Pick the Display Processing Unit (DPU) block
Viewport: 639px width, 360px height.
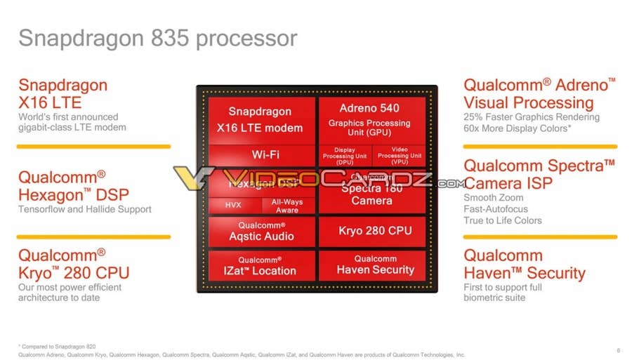click(344, 156)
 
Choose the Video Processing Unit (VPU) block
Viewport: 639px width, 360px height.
click(398, 156)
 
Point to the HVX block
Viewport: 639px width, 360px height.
click(233, 206)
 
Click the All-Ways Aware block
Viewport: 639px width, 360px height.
click(287, 206)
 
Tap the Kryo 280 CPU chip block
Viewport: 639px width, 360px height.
click(371, 231)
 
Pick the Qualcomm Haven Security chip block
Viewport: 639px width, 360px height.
click(371, 265)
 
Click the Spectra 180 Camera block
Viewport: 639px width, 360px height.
click(371, 194)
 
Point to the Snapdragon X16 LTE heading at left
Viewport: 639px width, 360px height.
click(63, 94)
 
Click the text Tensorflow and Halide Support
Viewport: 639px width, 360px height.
click(84, 209)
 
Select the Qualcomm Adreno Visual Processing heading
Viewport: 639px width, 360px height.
click(539, 94)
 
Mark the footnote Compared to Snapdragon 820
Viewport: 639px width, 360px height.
click(57, 347)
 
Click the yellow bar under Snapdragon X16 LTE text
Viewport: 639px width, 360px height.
click(93, 147)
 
